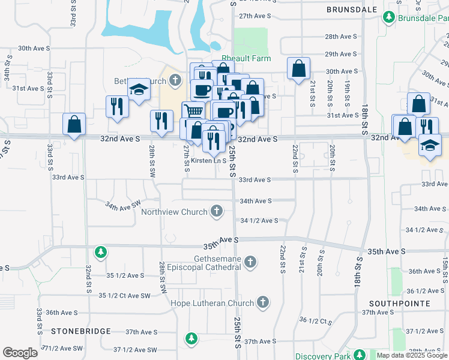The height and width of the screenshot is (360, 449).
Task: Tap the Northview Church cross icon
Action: coord(216,211)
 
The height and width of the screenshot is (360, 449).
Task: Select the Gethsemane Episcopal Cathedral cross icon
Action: coord(250,262)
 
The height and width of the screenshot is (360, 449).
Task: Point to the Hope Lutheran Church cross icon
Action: coord(263,302)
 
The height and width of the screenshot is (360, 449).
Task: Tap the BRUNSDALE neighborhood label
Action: coord(352,10)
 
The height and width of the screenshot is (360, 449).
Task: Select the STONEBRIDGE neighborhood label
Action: coord(80,331)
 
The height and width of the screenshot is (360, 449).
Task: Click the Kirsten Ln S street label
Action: coord(208,161)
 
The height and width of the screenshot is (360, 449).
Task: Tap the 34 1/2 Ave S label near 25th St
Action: coord(259,221)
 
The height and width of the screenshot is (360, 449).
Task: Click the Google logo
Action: coord(20,353)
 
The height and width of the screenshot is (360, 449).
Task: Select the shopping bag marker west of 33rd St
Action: coord(74,125)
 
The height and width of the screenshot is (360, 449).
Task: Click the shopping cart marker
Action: coord(193,112)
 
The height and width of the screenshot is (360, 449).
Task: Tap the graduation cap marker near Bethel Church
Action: coord(139,90)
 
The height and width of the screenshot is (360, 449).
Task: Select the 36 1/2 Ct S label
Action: coord(316,320)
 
